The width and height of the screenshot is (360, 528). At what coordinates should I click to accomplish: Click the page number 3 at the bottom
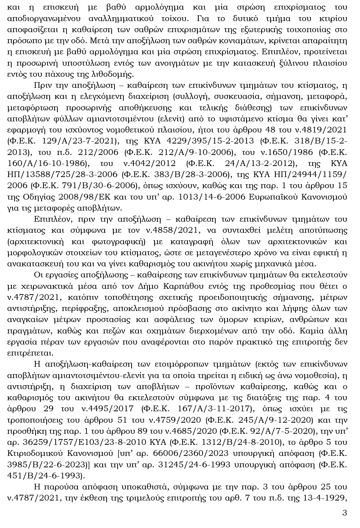pyautogui.click(x=344, y=513)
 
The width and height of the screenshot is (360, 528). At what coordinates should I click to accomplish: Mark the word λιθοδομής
pyautogui.click(x=113, y=74)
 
